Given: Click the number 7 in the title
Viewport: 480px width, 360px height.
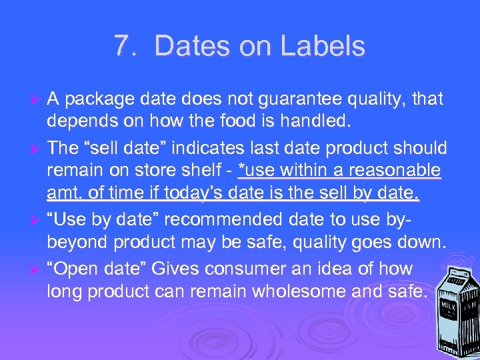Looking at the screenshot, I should [x=121, y=47].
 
